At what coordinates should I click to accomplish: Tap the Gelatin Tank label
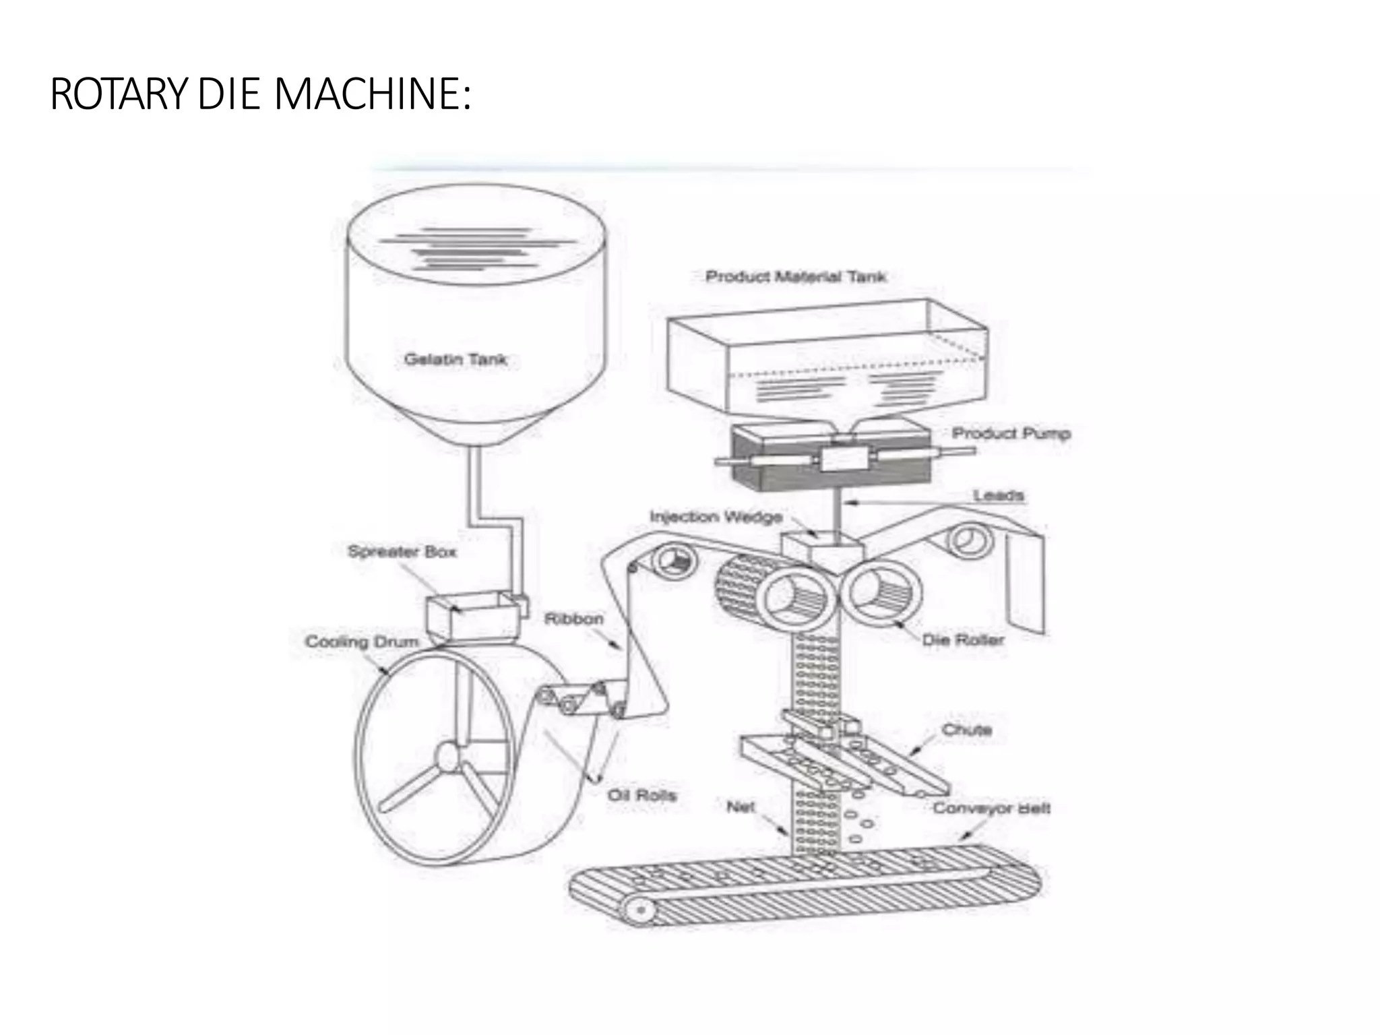(x=456, y=359)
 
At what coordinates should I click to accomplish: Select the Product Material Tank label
(x=795, y=276)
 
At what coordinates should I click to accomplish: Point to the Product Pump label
(x=1011, y=433)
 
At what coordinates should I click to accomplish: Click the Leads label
(x=998, y=495)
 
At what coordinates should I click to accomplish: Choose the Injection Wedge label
(x=716, y=517)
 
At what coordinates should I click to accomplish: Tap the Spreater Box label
(x=402, y=552)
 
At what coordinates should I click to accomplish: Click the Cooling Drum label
(x=362, y=641)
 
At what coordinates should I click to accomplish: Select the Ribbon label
(x=573, y=619)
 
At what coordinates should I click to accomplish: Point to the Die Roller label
(x=963, y=639)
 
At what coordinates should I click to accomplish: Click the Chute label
(x=966, y=730)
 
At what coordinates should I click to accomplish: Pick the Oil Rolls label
(x=641, y=795)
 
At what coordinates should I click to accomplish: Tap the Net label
(x=741, y=807)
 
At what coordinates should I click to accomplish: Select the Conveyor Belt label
(x=991, y=808)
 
